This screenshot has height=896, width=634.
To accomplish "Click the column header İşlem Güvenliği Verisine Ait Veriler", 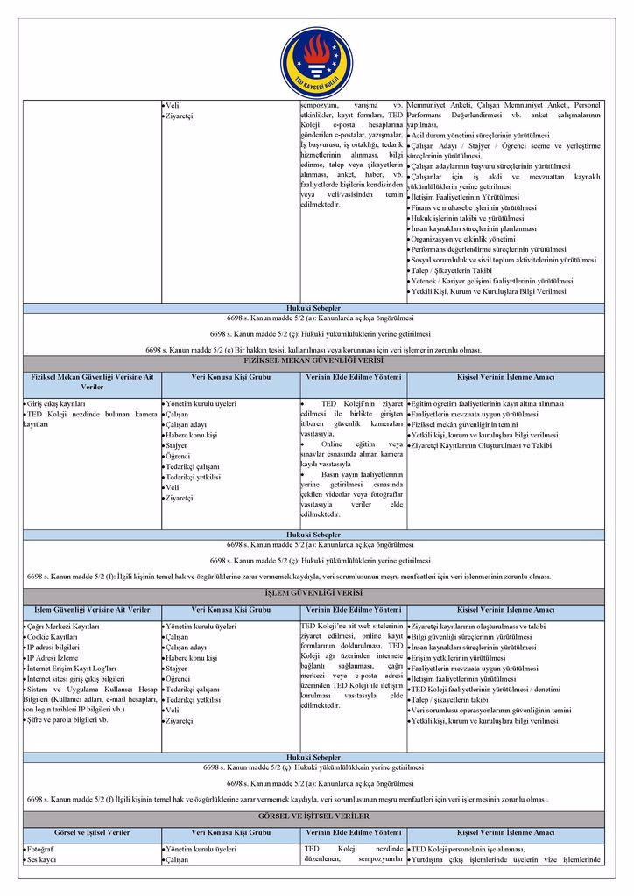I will click(x=92, y=609).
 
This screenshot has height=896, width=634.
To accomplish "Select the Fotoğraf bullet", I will click(x=43, y=850).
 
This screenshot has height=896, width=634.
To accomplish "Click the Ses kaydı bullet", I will click(x=43, y=860).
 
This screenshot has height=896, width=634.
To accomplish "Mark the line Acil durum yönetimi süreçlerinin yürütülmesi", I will click(x=481, y=136).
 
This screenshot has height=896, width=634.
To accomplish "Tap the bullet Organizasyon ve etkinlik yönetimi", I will click(x=464, y=239).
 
